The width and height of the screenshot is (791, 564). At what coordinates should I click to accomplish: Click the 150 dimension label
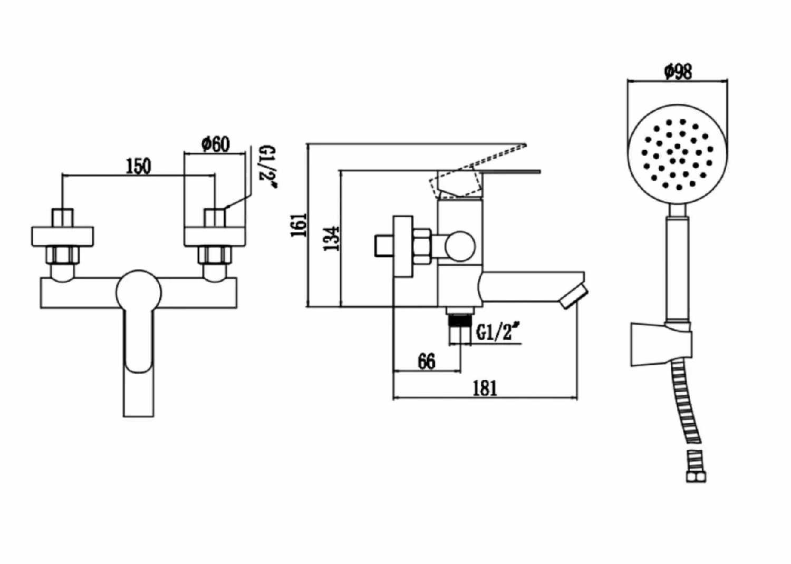pyautogui.click(x=138, y=166)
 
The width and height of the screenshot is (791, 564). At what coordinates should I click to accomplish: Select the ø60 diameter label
pyautogui.click(x=216, y=143)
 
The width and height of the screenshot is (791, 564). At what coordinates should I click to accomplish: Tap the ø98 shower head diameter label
pyautogui.click(x=678, y=71)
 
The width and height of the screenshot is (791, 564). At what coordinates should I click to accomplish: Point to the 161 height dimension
pyautogui.click(x=299, y=225)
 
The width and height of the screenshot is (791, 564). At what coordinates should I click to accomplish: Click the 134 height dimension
pyautogui.click(x=332, y=238)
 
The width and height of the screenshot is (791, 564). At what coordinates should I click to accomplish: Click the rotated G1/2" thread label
pyautogui.click(x=268, y=167)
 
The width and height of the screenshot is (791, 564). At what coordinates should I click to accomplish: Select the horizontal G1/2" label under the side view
pyautogui.click(x=495, y=332)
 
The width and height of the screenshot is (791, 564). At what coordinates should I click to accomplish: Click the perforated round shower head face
pyautogui.click(x=678, y=154)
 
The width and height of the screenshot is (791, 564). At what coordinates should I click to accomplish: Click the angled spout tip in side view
pyautogui.click(x=573, y=296)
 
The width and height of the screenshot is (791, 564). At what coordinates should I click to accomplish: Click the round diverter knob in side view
pyautogui.click(x=459, y=246)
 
